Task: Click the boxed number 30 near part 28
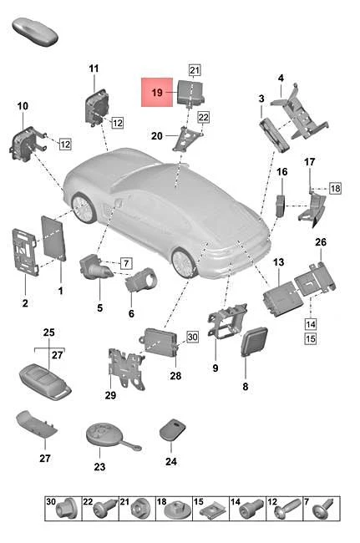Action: (191, 337)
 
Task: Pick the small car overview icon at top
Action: (36, 33)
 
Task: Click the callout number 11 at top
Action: (94, 68)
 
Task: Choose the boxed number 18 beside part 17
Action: (334, 190)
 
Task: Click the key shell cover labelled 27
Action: (38, 429)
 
